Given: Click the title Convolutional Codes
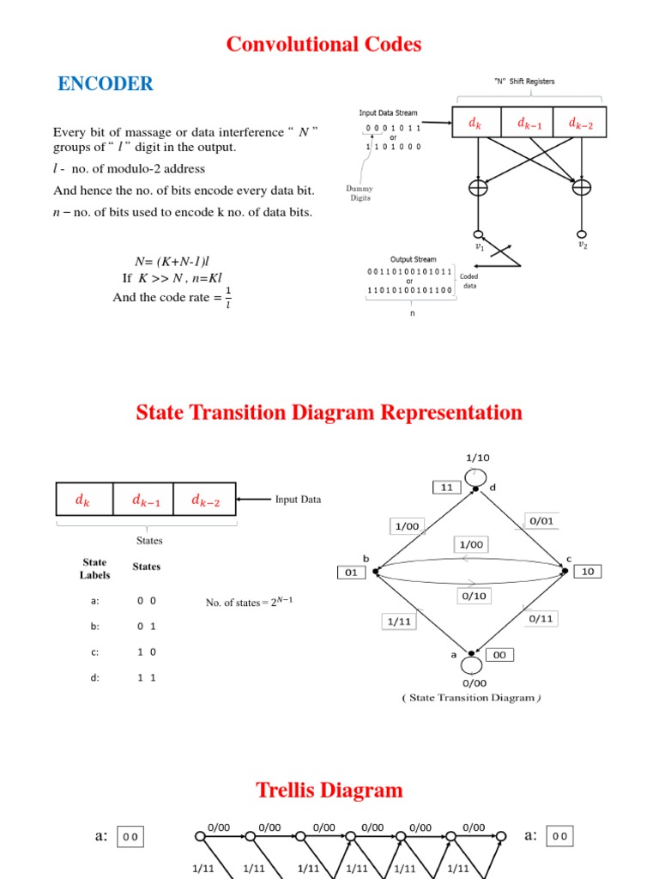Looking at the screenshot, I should click(x=323, y=45).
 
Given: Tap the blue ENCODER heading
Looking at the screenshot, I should click(x=105, y=84).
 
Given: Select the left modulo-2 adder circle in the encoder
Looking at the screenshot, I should click(x=478, y=188).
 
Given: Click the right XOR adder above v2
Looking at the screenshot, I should click(x=582, y=188).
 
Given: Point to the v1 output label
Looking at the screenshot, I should click(x=480, y=246).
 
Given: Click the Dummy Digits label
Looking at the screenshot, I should click(x=360, y=193).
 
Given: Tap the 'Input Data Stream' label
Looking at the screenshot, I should click(x=388, y=112).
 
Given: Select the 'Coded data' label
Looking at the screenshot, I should click(x=469, y=281).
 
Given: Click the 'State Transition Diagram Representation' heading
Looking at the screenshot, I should click(x=329, y=413).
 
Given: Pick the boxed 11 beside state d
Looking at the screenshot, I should click(x=447, y=488).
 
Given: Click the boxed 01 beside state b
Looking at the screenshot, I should click(x=352, y=572).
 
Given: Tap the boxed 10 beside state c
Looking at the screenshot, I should click(x=589, y=571).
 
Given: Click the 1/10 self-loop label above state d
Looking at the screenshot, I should click(x=477, y=458).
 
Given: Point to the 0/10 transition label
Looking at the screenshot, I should click(x=473, y=595).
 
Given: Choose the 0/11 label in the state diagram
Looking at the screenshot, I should click(x=541, y=618).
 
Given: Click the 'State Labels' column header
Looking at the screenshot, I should click(x=94, y=568).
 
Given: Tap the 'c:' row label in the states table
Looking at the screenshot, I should click(x=94, y=652).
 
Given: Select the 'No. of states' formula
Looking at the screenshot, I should click(x=250, y=602).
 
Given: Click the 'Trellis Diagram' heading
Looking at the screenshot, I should click(x=329, y=791).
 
